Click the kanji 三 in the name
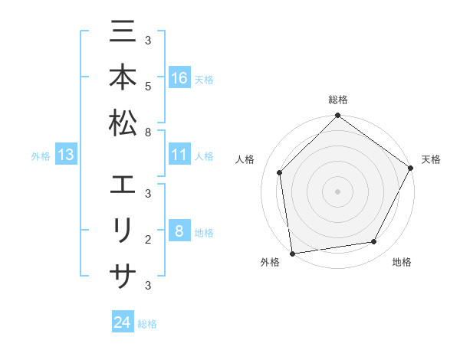pyautogui.click(x=123, y=33)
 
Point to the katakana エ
pyautogui.click(x=123, y=186)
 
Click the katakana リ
pyautogui.click(x=123, y=231)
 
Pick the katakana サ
pyautogui.click(x=123, y=275)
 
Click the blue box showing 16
pyautogui.click(x=179, y=78)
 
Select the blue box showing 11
pyautogui.click(x=179, y=155)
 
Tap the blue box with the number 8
pyautogui.click(x=179, y=232)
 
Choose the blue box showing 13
pyautogui.click(x=66, y=155)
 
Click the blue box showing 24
pyautogui.click(x=123, y=323)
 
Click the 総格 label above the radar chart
pyautogui.click(x=338, y=100)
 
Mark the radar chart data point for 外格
pyautogui.click(x=292, y=254)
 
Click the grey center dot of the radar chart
pyautogui.click(x=338, y=191)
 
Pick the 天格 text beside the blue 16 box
pyautogui.click(x=204, y=80)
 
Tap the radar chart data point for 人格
pyautogui.click(x=280, y=172)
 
